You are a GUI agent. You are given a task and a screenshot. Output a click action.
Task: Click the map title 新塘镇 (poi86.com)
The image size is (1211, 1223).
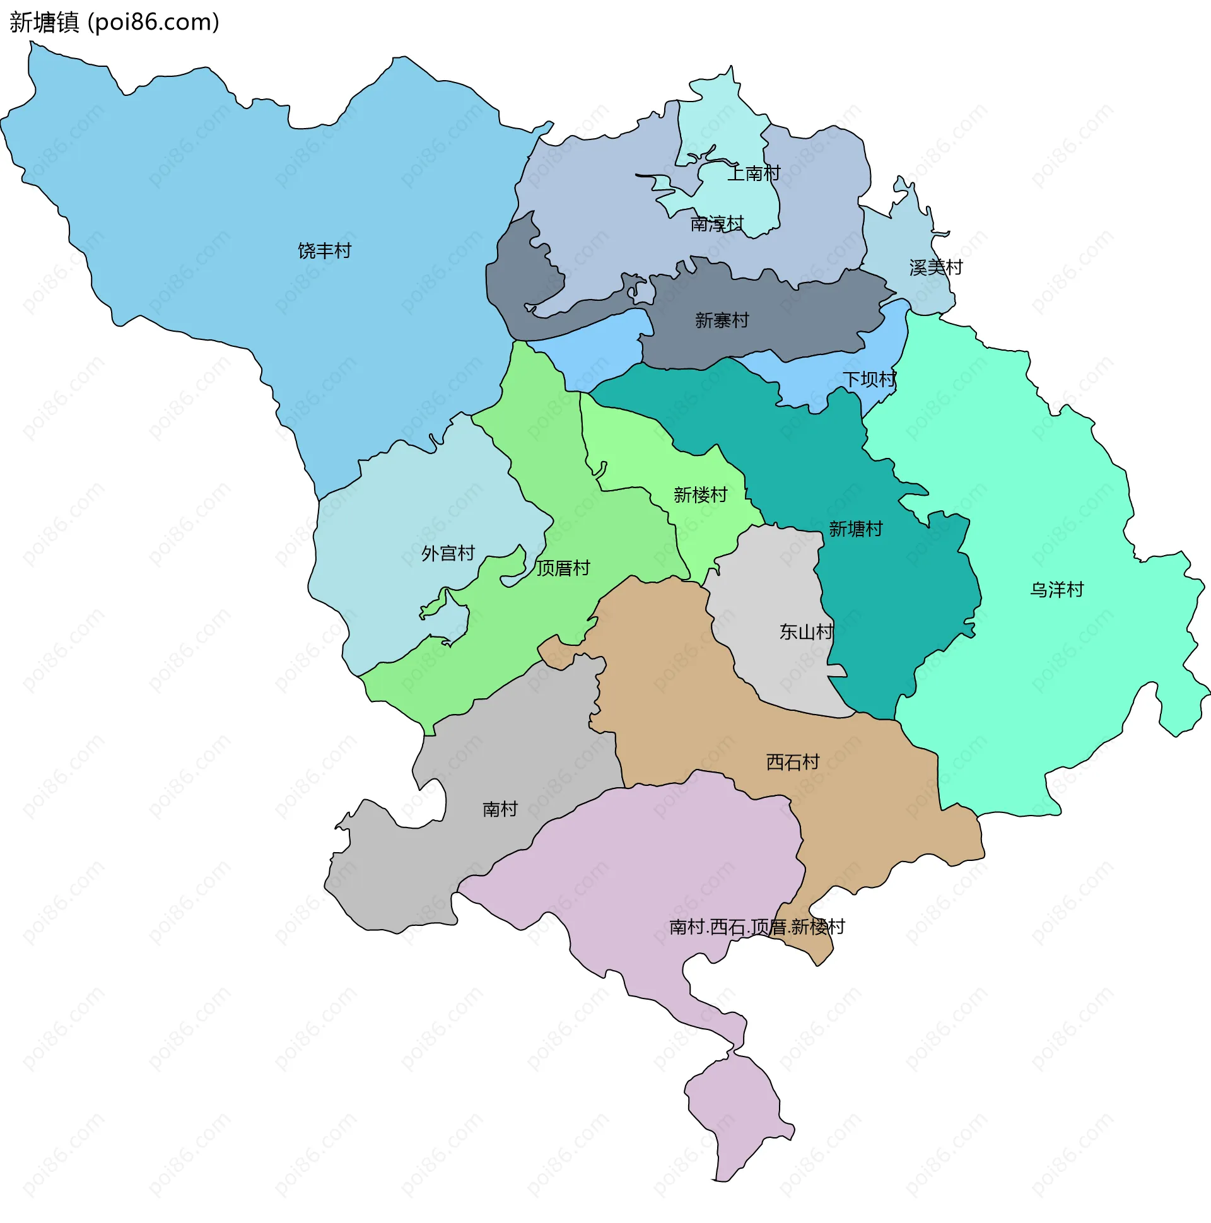(114, 22)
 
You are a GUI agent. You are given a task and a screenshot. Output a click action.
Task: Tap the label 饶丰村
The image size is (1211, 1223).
(324, 250)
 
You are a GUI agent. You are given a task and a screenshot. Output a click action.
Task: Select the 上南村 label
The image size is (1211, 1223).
(753, 173)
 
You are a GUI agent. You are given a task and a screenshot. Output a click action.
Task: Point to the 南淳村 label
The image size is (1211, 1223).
(717, 223)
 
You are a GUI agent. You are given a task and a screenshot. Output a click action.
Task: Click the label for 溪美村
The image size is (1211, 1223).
(935, 267)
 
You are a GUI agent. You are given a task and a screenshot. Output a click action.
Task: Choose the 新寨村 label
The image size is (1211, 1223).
(722, 320)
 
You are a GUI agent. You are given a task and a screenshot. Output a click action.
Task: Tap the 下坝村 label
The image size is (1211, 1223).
(869, 379)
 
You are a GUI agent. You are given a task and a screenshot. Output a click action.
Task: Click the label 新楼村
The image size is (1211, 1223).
(700, 494)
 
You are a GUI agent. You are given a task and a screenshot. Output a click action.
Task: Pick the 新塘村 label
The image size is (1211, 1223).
(855, 529)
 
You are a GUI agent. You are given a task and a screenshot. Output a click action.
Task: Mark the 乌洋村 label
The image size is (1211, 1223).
(1056, 589)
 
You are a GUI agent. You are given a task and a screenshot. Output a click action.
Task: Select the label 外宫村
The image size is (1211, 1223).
(448, 553)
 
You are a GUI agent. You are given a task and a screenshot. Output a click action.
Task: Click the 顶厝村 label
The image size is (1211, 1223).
(563, 568)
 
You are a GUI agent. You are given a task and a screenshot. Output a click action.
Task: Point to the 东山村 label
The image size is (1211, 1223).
(805, 631)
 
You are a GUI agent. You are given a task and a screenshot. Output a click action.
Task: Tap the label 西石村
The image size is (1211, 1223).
(793, 761)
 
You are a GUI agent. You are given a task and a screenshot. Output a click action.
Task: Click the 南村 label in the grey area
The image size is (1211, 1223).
(500, 809)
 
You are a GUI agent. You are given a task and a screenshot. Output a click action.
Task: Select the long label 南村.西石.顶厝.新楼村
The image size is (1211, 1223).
(756, 927)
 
